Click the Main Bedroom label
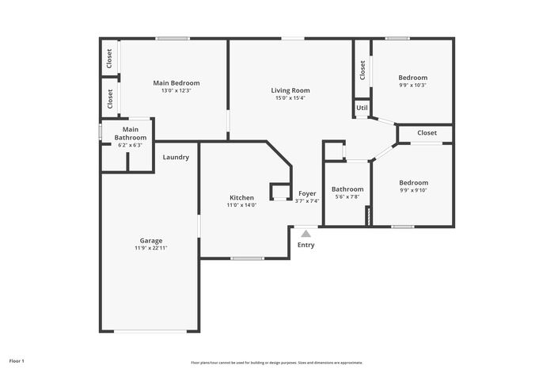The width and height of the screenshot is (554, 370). [x=176, y=82]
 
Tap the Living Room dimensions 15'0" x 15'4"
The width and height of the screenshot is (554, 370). [x=290, y=98]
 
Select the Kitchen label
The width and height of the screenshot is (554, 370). [x=241, y=197]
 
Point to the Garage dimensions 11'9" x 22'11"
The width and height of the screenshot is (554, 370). [x=151, y=248]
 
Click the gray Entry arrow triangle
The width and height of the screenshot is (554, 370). [x=306, y=234]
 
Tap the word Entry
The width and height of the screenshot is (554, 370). [x=306, y=245]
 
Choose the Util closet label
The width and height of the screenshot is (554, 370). [x=362, y=108]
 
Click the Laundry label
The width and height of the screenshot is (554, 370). [x=176, y=157]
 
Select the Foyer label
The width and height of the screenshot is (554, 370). [x=307, y=193]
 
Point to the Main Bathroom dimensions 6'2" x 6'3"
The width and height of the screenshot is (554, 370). [x=131, y=145]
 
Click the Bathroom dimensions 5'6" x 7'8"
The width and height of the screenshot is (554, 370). [x=347, y=196]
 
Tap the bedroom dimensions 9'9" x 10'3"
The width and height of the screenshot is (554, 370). [x=413, y=85]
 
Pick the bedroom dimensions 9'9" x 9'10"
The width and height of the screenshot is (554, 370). [x=413, y=190]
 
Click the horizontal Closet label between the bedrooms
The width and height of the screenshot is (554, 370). [x=427, y=132]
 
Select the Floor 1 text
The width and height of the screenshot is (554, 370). [x=17, y=361]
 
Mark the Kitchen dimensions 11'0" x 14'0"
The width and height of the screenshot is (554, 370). [x=241, y=205]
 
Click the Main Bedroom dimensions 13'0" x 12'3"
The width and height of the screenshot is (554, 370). [x=176, y=90]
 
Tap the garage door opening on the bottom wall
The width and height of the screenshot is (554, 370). [x=150, y=331]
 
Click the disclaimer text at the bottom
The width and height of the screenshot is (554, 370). [x=277, y=363]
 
